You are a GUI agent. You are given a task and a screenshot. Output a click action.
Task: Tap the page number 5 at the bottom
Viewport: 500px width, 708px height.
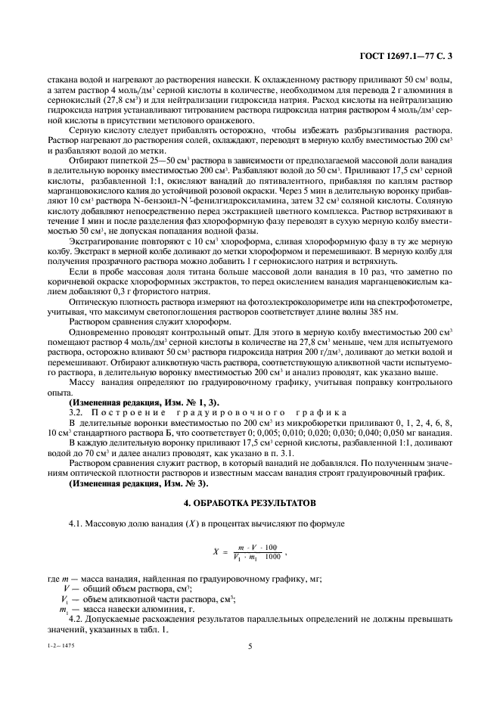click(x=250, y=645)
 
